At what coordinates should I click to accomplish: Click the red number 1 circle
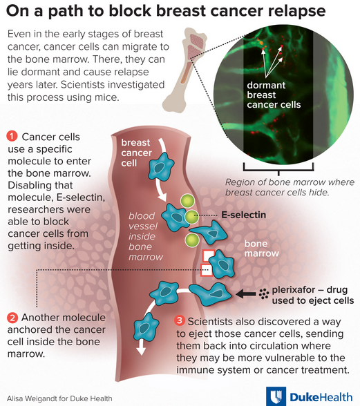(12, 137)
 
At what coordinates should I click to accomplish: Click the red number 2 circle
(12, 318)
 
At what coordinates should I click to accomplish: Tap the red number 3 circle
(180, 321)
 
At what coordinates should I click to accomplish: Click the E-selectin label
(244, 215)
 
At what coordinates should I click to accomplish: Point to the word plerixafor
(294, 290)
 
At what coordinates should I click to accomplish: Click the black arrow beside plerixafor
(246, 293)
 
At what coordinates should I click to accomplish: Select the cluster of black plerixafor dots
(263, 294)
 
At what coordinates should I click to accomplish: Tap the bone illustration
(184, 70)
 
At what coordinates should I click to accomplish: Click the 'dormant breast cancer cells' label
(274, 95)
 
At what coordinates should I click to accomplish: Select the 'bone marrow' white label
(262, 249)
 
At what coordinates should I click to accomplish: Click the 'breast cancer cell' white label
(136, 153)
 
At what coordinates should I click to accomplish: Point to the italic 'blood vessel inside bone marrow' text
(146, 236)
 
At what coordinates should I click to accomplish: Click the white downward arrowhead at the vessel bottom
(141, 350)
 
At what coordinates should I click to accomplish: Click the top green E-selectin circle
(188, 201)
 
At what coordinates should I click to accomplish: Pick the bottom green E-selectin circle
(192, 240)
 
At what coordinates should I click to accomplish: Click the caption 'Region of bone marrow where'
(290, 182)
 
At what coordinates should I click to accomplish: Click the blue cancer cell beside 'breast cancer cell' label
(161, 166)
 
